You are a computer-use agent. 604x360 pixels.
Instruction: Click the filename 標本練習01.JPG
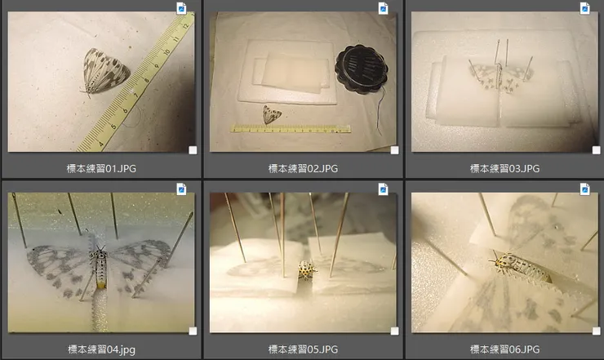[101, 168]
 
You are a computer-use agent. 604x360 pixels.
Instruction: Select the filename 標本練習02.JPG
[303, 168]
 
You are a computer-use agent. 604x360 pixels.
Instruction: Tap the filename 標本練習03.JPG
[504, 168]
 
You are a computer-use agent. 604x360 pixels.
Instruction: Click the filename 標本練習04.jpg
[101, 349]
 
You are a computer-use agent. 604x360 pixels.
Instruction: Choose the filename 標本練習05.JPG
[303, 349]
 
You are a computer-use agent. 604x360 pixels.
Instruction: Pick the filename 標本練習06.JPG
[504, 349]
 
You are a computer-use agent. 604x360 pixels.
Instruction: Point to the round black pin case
[362, 69]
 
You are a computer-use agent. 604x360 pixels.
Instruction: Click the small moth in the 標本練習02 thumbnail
[271, 114]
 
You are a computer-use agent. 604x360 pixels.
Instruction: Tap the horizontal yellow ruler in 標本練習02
[291, 128]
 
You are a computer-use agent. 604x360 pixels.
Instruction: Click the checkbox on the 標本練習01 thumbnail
[193, 150]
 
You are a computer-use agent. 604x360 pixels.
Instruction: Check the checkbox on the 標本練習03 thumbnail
[596, 150]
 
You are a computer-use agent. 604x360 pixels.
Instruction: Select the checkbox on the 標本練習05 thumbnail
[394, 331]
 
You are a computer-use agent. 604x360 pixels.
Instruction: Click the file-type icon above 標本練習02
[384, 8]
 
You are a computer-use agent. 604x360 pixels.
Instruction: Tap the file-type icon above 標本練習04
[181, 189]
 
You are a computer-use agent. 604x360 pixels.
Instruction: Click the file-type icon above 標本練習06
[584, 189]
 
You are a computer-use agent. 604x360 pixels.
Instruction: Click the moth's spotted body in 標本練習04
[99, 267]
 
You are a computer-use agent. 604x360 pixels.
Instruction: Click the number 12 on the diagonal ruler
[185, 26]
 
